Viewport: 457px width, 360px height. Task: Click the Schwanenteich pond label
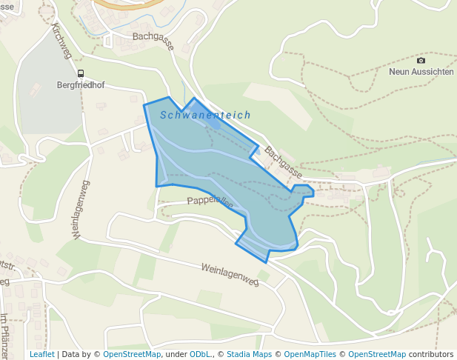coord(205,116)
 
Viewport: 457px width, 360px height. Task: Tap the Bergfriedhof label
coord(81,85)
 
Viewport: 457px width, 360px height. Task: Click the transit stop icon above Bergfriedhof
coord(80,73)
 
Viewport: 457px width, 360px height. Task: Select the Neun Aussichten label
coord(421,72)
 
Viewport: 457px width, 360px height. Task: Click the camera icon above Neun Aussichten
coord(421,60)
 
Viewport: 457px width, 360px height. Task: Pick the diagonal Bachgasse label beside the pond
coord(283,161)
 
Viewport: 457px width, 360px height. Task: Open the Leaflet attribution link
coord(41,354)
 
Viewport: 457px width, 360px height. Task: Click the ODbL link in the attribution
coord(200,354)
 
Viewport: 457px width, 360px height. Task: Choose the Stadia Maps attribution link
coord(249,354)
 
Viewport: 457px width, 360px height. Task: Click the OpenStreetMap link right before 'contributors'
coord(377,354)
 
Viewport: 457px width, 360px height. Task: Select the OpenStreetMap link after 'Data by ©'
coord(132,354)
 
